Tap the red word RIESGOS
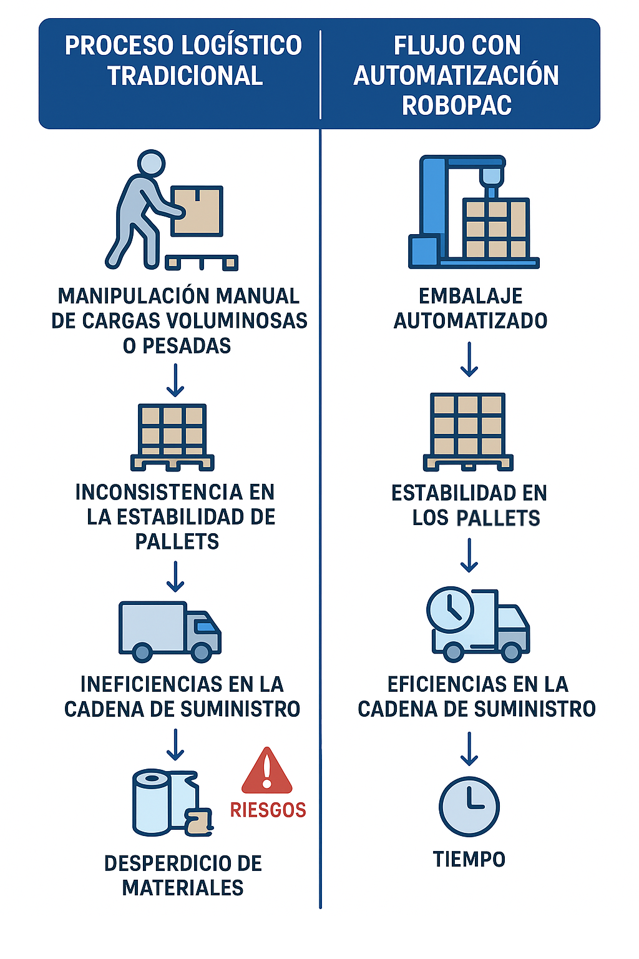pyautogui.click(x=268, y=810)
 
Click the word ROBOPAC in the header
pyautogui.click(x=457, y=106)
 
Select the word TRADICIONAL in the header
pyautogui.click(x=185, y=76)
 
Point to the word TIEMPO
pyautogui.click(x=469, y=859)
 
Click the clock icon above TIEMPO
pyautogui.click(x=469, y=807)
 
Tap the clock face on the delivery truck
pyautogui.click(x=451, y=610)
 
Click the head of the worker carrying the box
pyautogui.click(x=151, y=163)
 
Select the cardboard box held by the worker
pyautogui.click(x=197, y=211)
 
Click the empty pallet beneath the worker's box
pyautogui.click(x=202, y=262)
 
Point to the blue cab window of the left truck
pyautogui.click(x=205, y=626)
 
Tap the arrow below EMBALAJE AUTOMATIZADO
pyautogui.click(x=469, y=360)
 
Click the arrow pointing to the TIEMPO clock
pyautogui.click(x=469, y=749)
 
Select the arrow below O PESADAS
pyautogui.click(x=175, y=380)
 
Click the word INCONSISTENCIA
pyautogui.click(x=159, y=493)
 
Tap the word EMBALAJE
pyautogui.click(x=471, y=297)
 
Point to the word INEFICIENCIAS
pyautogui.click(x=151, y=684)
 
